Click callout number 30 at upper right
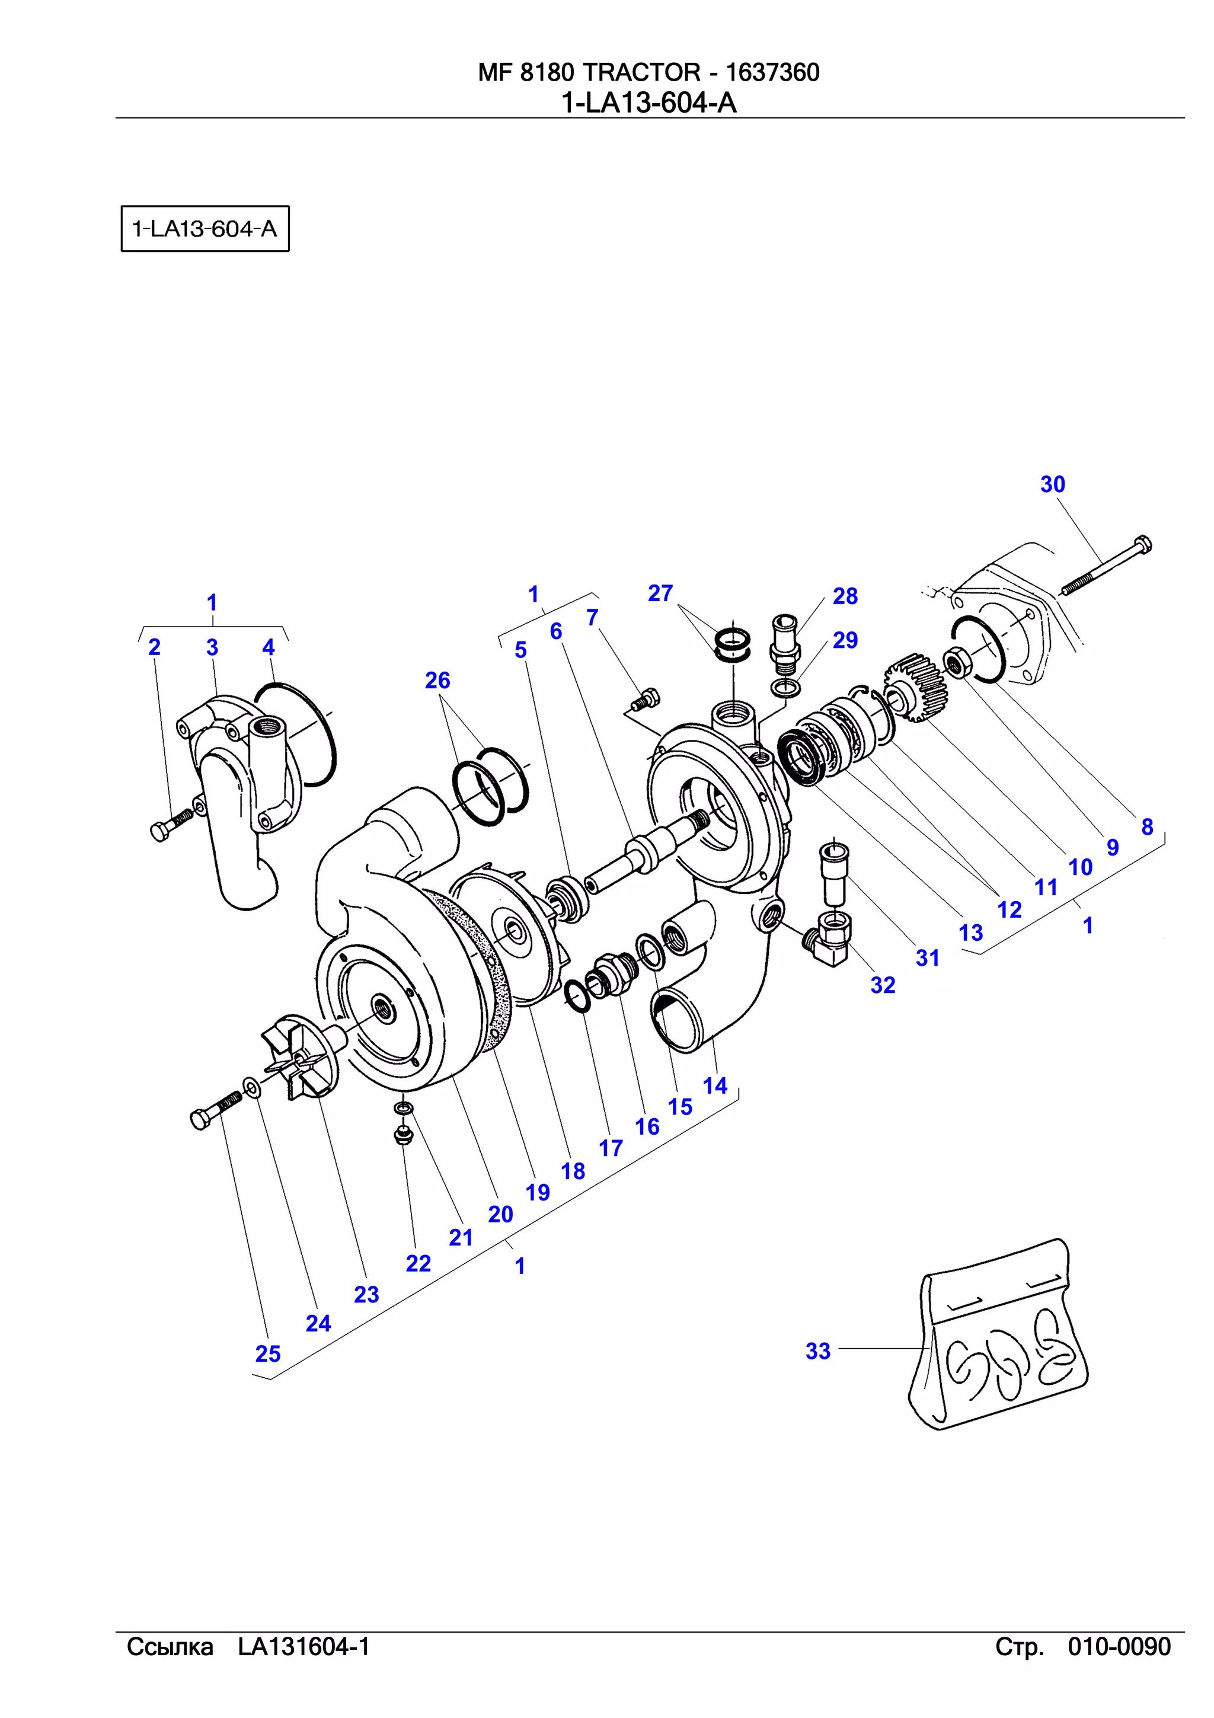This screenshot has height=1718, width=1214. pos(1052,485)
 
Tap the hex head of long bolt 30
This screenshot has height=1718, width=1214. pos(1142,544)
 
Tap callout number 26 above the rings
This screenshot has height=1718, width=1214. pos(437,680)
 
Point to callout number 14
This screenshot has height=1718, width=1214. pos(714,1085)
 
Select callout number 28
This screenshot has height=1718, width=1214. pos(845,596)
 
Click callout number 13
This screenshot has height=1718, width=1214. pos(970,933)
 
